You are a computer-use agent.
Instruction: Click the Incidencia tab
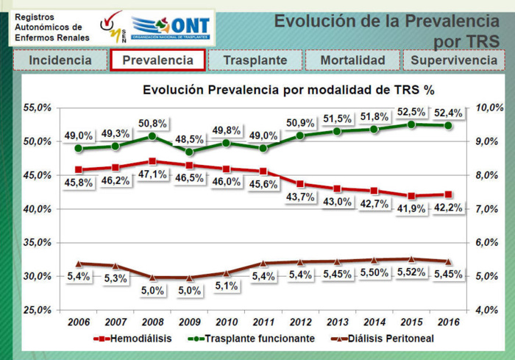(x=60, y=60)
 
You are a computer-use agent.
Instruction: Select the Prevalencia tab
(x=157, y=60)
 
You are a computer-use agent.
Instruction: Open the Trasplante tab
(x=255, y=60)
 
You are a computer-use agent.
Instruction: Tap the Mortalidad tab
(x=352, y=60)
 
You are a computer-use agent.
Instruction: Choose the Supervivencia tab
(x=453, y=60)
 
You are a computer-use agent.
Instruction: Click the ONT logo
(x=171, y=28)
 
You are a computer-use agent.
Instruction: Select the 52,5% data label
(x=411, y=112)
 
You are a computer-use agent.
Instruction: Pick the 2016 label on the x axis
(x=449, y=322)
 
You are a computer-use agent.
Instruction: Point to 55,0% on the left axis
(x=35, y=107)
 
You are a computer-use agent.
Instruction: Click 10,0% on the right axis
(x=490, y=107)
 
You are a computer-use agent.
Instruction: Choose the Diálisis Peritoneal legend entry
(x=380, y=339)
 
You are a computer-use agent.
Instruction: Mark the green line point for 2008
(x=152, y=136)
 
